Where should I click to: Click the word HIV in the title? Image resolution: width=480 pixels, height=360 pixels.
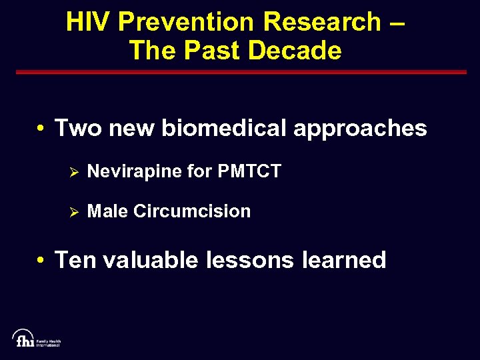[x=90, y=22]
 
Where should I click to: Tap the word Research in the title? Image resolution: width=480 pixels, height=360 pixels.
[x=321, y=22]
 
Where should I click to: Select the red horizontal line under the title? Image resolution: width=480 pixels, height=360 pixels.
[x=239, y=72]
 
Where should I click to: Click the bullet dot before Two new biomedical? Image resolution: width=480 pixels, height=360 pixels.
[x=41, y=128]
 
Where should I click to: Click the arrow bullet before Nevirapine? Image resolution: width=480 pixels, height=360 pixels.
[x=75, y=172]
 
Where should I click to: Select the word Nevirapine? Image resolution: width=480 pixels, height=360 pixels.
[x=134, y=172]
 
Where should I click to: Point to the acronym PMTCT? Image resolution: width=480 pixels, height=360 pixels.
[x=249, y=171]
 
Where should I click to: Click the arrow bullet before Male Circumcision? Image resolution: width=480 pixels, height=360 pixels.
[x=75, y=212]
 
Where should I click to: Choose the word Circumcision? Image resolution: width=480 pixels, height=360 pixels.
[x=192, y=211]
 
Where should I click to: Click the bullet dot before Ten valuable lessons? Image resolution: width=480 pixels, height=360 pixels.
[x=41, y=260]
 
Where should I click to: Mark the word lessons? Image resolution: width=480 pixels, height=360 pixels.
[x=249, y=259]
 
